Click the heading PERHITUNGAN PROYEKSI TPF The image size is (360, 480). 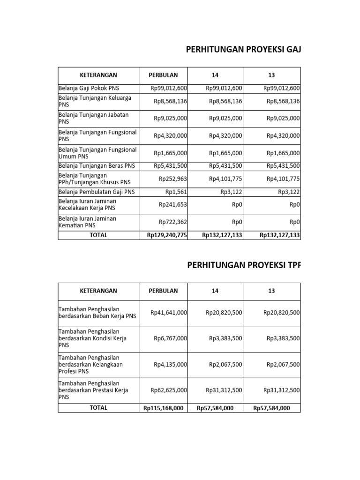[243, 265]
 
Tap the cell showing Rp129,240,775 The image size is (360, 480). [167, 235]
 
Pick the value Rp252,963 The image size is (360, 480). [173, 179]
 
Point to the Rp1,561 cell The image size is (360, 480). [176, 192]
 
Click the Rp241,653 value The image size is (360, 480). [173, 204]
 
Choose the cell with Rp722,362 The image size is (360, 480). [173, 222]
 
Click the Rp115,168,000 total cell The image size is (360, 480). [164, 408]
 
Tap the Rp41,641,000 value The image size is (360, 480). [169, 313]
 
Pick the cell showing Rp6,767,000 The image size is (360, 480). [171, 338]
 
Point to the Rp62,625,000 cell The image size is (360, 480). [169, 390]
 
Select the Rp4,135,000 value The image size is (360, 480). [171, 364]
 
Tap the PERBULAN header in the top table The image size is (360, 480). [163, 75]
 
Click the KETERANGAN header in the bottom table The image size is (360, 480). [98, 291]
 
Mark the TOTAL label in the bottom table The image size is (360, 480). [98, 408]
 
